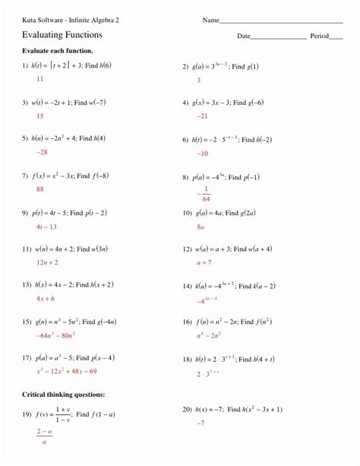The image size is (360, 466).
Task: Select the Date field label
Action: (244, 36)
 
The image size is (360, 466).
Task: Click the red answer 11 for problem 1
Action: (39, 78)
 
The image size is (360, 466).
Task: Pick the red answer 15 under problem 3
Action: (39, 116)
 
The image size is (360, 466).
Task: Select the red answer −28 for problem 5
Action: (41, 152)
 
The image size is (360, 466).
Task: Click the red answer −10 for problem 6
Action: (202, 153)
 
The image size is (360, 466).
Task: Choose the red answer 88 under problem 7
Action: (39, 189)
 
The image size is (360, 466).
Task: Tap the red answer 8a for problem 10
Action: (201, 227)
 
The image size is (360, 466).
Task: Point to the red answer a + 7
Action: (203, 262)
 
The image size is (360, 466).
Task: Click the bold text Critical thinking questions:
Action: (64, 395)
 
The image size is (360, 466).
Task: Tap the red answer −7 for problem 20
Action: (201, 422)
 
